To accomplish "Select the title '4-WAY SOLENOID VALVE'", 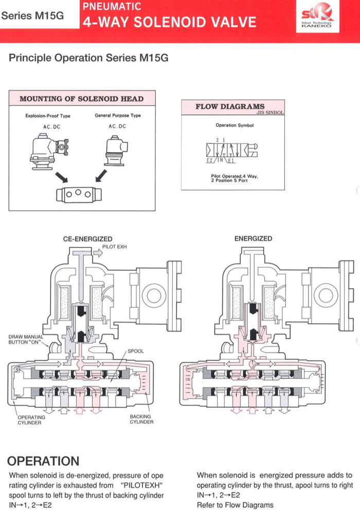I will pyautogui.click(x=169, y=22).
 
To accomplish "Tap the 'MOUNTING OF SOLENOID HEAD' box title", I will pyautogui.click(x=81, y=99).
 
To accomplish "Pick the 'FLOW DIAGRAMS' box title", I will pyautogui.click(x=229, y=107).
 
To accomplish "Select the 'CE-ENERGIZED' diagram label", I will pyautogui.click(x=87, y=239).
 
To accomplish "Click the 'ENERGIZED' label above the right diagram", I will pyautogui.click(x=253, y=238).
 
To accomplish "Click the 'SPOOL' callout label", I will pyautogui.click(x=136, y=351).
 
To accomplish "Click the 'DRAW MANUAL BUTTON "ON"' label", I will pyautogui.click(x=26, y=339).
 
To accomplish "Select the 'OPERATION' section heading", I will pyautogui.click(x=44, y=461).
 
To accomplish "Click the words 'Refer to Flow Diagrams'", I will pyautogui.click(x=235, y=505).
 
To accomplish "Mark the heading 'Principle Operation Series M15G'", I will pyautogui.click(x=88, y=58).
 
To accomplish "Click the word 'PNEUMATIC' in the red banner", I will pyautogui.click(x=112, y=7).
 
